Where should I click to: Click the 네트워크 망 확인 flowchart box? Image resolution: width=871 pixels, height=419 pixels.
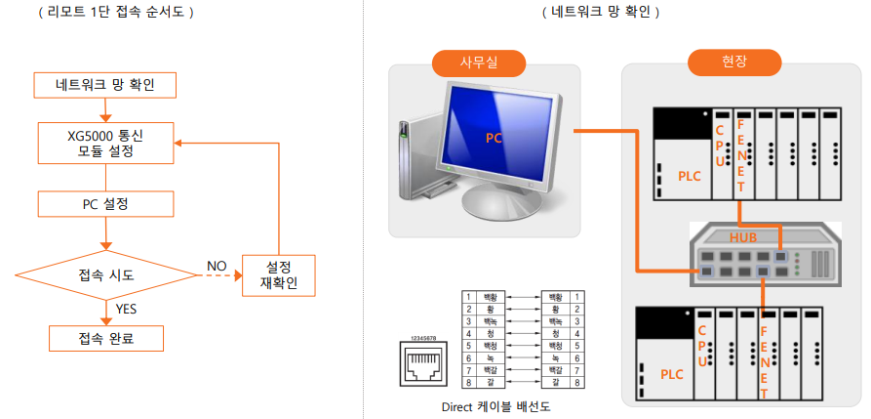click(x=106, y=86)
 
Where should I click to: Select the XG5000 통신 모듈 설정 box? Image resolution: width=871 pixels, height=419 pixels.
click(x=106, y=143)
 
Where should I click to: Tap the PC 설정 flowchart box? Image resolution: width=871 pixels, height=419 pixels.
click(x=106, y=204)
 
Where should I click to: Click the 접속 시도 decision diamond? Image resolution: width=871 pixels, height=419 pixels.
click(x=106, y=274)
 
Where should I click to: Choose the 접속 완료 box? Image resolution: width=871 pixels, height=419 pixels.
click(x=106, y=339)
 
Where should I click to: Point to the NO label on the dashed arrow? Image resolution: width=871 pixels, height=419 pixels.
click(x=217, y=265)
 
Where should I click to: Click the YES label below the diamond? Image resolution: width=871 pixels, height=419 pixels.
click(x=127, y=309)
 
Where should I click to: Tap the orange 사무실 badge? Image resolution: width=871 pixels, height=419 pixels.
click(x=479, y=63)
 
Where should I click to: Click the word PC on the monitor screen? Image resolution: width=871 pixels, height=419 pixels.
click(x=495, y=138)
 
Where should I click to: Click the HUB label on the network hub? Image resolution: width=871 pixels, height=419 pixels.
click(x=743, y=237)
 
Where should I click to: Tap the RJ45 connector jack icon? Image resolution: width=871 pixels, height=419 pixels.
click(x=423, y=365)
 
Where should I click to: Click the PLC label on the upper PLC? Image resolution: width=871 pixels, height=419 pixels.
click(x=690, y=176)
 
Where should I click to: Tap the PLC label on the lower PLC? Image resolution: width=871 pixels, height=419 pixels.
click(x=672, y=374)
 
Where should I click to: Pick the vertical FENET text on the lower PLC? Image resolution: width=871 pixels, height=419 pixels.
click(x=765, y=356)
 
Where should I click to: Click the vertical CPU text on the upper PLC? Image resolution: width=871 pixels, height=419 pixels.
click(x=720, y=147)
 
